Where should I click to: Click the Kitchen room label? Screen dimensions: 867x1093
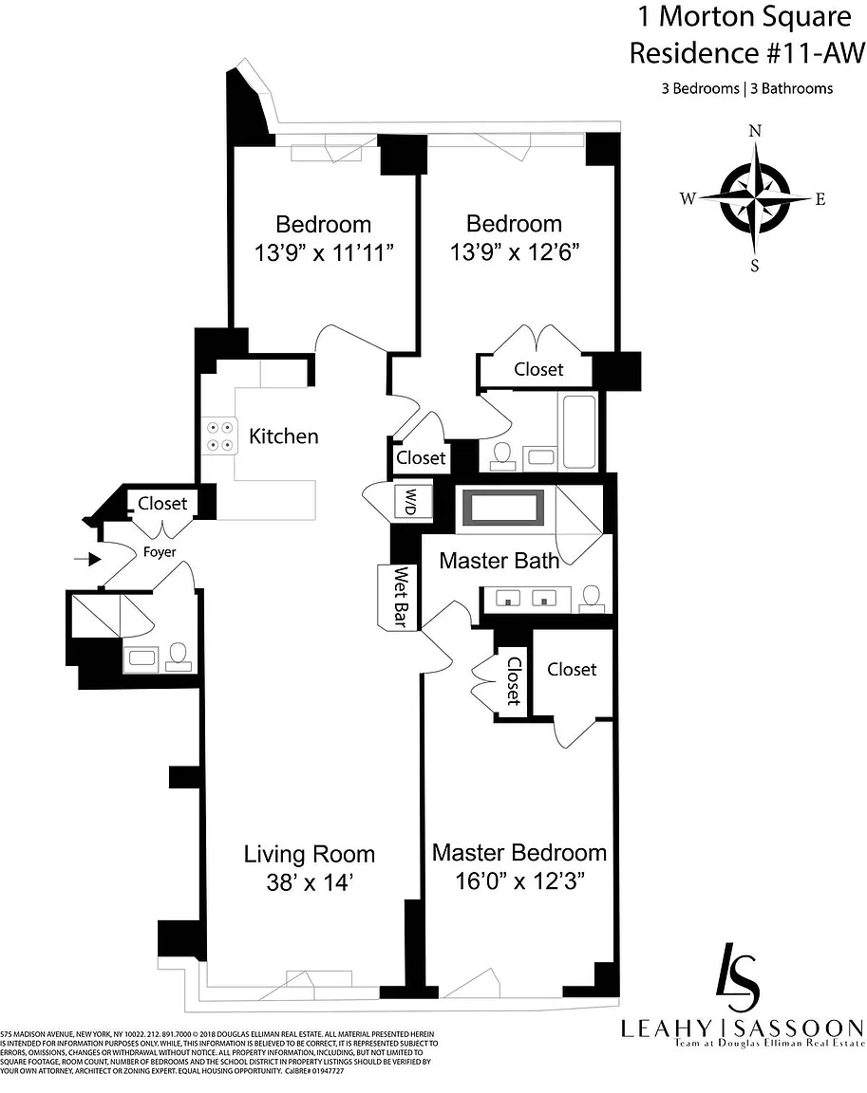tap(283, 436)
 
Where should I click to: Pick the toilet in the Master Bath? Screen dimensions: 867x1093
tap(592, 597)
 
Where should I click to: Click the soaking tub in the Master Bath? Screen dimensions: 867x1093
tap(502, 508)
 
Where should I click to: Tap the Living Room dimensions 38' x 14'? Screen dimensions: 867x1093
tap(311, 882)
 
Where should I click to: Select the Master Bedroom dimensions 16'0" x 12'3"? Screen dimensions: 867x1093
tap(519, 881)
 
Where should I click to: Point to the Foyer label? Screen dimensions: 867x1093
tap(160, 551)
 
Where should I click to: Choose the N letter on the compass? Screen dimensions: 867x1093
tap(756, 132)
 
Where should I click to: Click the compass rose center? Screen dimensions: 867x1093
tap(755, 198)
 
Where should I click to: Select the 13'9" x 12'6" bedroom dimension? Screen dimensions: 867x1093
tap(514, 252)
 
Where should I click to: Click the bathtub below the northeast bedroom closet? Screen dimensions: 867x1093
tap(579, 432)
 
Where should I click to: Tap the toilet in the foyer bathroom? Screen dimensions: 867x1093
tap(178, 656)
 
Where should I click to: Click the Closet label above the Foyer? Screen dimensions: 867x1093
tap(162, 503)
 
